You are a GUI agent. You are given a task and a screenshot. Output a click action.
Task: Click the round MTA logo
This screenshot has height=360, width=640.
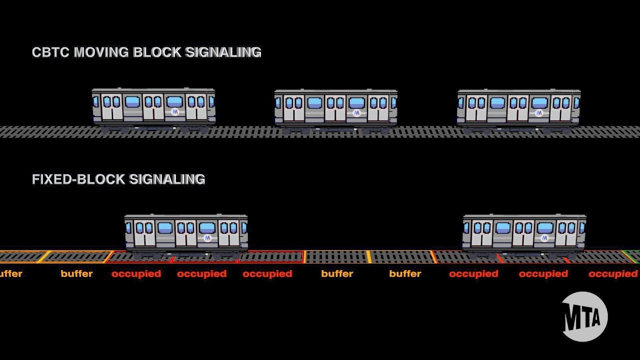(x=584, y=316)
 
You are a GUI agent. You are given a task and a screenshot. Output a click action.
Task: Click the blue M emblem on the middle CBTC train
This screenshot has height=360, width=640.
(x=356, y=113)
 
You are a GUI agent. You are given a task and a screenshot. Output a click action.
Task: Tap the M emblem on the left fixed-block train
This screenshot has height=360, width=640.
(x=207, y=238)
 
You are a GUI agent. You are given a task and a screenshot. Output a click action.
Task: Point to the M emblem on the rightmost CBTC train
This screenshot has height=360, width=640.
(x=539, y=113)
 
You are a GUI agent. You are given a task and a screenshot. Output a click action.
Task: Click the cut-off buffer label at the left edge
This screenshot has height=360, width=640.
(x=10, y=273)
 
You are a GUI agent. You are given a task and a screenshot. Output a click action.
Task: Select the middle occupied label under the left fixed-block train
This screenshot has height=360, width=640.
(x=201, y=273)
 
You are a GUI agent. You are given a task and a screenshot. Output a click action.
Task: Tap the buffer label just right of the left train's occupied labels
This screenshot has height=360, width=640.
(x=337, y=273)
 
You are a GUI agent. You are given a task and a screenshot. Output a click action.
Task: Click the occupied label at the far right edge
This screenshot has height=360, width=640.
(x=613, y=273)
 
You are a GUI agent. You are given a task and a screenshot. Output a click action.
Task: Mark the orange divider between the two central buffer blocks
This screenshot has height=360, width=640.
(x=369, y=256)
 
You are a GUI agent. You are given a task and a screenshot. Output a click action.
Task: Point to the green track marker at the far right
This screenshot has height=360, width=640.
(x=632, y=256)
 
